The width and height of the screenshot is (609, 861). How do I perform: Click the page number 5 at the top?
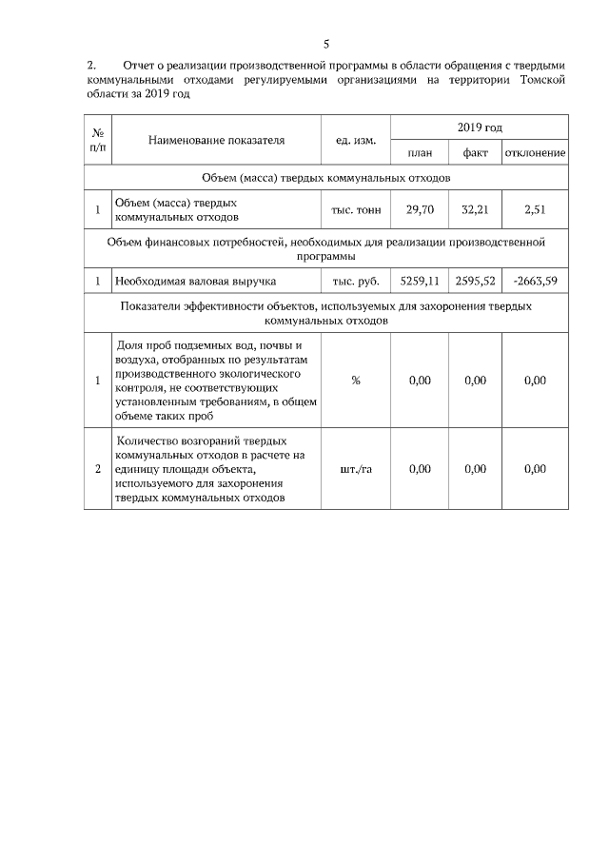pyautogui.click(x=325, y=44)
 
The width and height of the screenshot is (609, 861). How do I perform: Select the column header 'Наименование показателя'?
pyautogui.click(x=216, y=140)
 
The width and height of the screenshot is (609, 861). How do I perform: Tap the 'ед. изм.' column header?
pyautogui.click(x=356, y=140)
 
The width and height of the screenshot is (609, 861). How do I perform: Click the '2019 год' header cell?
pyautogui.click(x=480, y=127)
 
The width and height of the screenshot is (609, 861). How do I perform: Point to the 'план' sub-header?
pyautogui.click(x=420, y=152)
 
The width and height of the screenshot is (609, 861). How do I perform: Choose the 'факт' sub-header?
pyautogui.click(x=475, y=152)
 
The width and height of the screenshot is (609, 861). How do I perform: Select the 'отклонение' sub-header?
pyautogui.click(x=536, y=152)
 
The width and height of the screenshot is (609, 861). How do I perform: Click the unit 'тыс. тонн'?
pyautogui.click(x=356, y=209)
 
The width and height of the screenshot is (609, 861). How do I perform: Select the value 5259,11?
pyautogui.click(x=420, y=281)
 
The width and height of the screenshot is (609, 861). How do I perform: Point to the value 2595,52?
pyautogui.click(x=475, y=281)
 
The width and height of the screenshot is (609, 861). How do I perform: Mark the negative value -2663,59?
pyautogui.click(x=536, y=281)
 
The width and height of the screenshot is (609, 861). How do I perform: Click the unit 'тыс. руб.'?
pyautogui.click(x=356, y=282)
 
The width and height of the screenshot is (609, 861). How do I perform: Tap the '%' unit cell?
pyautogui.click(x=356, y=381)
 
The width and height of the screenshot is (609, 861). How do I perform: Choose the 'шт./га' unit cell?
pyautogui.click(x=356, y=469)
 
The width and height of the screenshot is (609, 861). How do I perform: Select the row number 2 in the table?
pyautogui.click(x=98, y=469)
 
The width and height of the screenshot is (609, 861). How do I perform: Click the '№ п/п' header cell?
pyautogui.click(x=98, y=140)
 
